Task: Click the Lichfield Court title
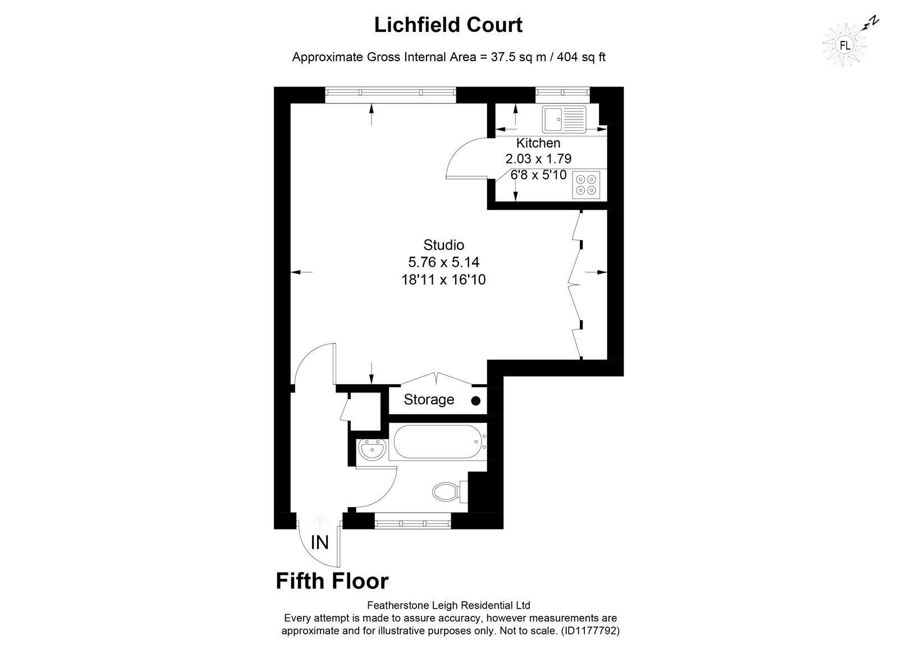pos(448,25)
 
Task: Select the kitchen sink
pos(564,119)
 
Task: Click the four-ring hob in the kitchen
pos(586,185)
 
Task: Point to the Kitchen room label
pos(538,143)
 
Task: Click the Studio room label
pos(444,245)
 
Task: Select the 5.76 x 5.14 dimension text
pos(444,262)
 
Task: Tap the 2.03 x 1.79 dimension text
pos(538,159)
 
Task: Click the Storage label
pos(429,400)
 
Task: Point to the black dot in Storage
pos(476,401)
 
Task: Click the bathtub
pos(440,442)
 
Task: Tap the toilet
pos(450,491)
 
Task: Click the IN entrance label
pos(319,543)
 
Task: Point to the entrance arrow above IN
pos(320,522)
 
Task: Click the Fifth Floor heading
pos(332,581)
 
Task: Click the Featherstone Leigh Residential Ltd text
pos(448,605)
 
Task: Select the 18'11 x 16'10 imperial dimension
pos(444,280)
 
